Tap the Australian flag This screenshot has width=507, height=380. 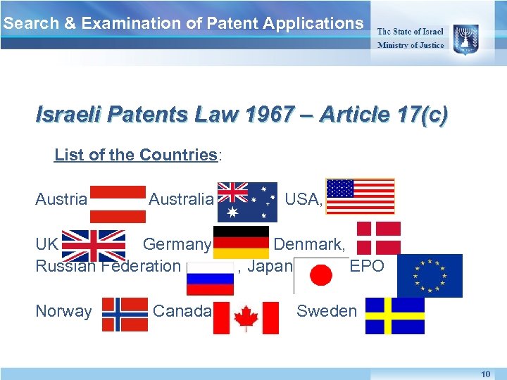(249, 201)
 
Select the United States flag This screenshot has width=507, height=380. (361, 196)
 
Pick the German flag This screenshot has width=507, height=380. (241, 243)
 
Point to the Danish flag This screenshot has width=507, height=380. (379, 237)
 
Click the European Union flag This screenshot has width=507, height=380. (430, 276)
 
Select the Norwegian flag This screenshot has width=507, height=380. (125, 314)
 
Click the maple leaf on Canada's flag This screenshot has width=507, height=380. (246, 317)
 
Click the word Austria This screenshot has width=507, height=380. (61, 200)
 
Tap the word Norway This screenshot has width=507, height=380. (63, 311)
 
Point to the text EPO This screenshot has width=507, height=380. (367, 266)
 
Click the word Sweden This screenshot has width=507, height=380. (327, 311)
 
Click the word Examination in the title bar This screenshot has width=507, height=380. (142, 23)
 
